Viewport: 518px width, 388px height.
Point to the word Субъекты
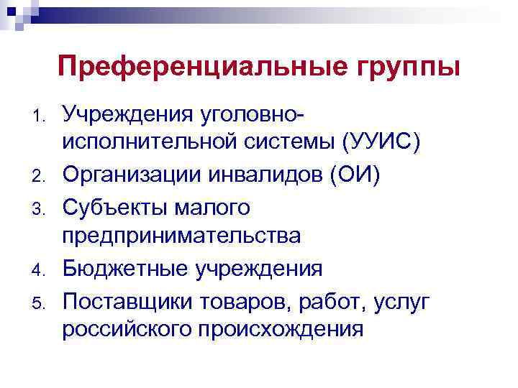[x=113, y=207]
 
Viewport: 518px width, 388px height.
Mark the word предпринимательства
[x=181, y=238]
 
